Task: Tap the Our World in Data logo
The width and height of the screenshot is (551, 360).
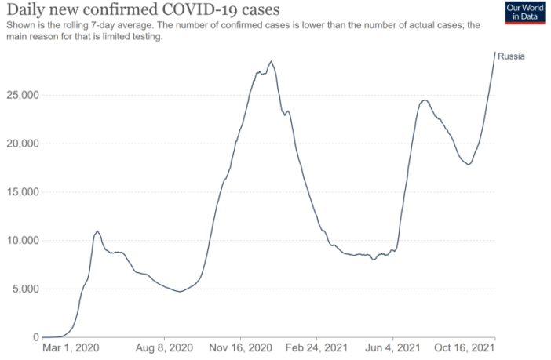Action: [524, 13]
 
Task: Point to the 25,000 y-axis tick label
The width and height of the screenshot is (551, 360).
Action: [20, 95]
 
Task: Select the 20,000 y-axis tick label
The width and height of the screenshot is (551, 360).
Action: [20, 144]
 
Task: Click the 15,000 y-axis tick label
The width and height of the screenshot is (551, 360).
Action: [20, 192]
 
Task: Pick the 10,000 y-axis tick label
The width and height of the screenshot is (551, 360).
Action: [20, 241]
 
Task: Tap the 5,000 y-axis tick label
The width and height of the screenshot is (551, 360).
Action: [22, 289]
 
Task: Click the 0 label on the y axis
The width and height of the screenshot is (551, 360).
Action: [34, 337]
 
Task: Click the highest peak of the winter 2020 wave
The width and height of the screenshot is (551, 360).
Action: [271, 61]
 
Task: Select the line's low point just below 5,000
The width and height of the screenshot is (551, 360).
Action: [180, 292]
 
